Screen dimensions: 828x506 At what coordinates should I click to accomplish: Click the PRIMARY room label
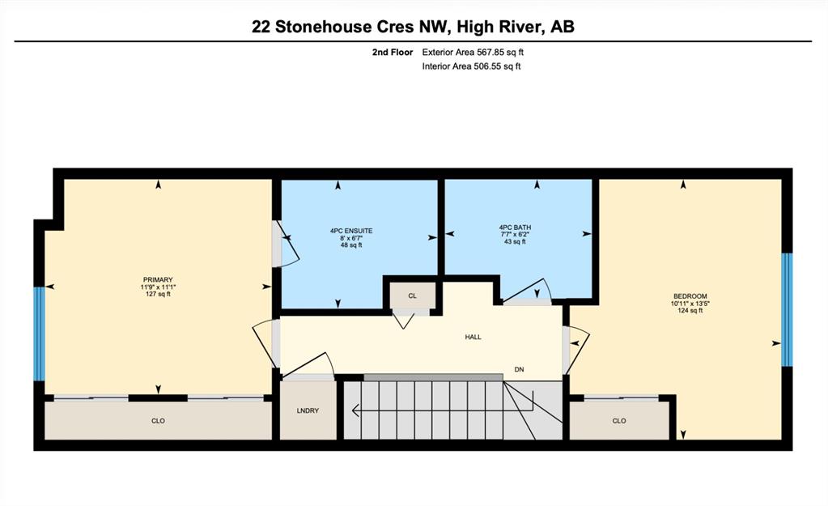[158, 280]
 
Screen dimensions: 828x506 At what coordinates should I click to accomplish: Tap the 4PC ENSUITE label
[351, 231]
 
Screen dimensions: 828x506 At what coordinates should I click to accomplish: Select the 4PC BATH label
[515, 227]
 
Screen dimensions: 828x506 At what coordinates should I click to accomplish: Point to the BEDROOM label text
[690, 296]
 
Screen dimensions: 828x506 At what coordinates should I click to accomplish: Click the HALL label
[473, 337]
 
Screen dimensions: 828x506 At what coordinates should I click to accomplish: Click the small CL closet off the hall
[413, 296]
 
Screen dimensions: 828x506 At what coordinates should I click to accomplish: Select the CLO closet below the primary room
[158, 420]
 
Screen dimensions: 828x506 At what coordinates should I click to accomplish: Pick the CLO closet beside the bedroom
[619, 420]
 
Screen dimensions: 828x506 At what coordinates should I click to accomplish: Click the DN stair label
[519, 370]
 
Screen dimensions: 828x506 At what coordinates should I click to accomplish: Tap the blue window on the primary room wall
[39, 334]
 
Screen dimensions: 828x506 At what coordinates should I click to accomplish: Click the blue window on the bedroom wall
[787, 310]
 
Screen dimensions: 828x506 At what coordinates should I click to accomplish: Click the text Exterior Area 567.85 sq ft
[473, 53]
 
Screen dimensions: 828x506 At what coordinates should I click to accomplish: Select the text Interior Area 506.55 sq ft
[471, 66]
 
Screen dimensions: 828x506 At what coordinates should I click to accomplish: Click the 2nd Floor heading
[393, 53]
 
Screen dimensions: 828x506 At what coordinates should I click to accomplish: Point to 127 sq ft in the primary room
[158, 294]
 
